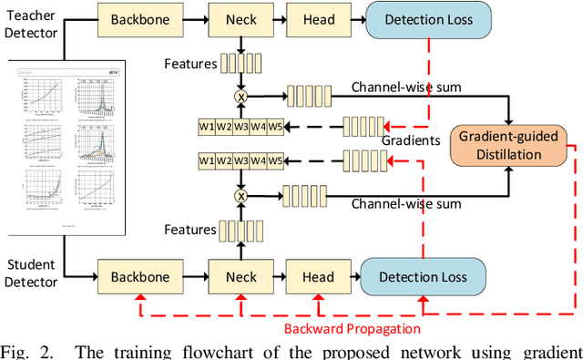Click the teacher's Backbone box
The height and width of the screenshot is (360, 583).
(x=138, y=19)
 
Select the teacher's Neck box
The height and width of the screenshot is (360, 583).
(x=241, y=19)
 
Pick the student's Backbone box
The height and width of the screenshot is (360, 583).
(x=138, y=276)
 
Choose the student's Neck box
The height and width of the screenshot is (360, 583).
(x=241, y=276)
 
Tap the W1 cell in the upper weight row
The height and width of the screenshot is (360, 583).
(x=209, y=126)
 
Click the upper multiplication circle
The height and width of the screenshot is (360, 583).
(x=242, y=94)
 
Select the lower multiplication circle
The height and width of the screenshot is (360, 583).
(x=242, y=195)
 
